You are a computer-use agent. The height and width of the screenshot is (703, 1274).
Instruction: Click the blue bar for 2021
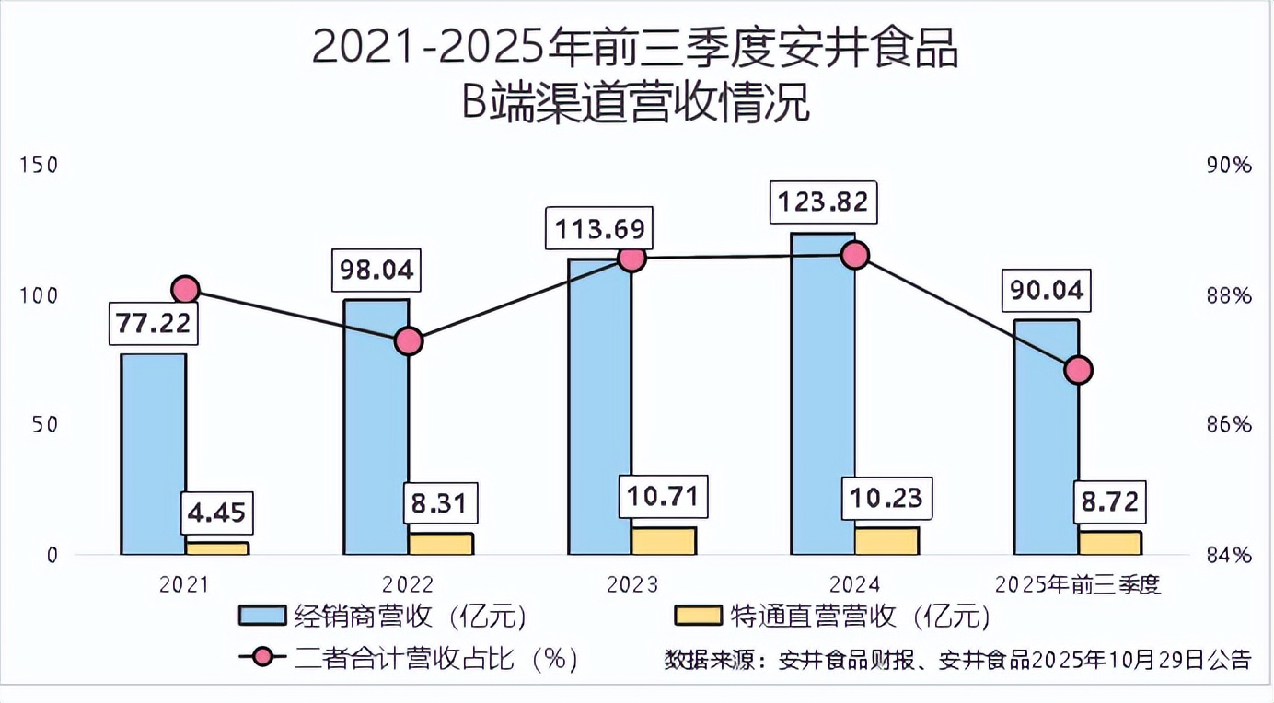(x=154, y=454)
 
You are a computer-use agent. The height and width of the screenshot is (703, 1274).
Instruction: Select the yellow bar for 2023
(x=664, y=541)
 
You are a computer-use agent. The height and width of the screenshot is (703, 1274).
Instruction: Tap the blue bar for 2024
(x=823, y=394)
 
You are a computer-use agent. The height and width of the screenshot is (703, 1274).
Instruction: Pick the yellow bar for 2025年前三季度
(x=1110, y=543)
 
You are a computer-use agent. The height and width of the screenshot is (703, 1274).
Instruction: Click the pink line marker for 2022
(x=409, y=341)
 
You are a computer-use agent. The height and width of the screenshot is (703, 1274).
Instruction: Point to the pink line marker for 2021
(x=186, y=290)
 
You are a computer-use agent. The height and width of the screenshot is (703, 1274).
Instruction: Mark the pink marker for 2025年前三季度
(x=1078, y=370)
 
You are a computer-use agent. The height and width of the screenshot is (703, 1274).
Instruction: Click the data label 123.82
(x=823, y=202)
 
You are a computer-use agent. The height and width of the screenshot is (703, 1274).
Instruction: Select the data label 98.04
(x=377, y=271)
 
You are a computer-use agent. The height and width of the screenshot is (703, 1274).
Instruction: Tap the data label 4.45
(x=216, y=513)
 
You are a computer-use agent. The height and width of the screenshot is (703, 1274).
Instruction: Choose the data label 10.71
(x=664, y=498)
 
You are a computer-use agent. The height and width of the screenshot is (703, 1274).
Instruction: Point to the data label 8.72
(x=1110, y=502)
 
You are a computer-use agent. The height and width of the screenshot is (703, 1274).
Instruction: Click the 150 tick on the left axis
(x=40, y=166)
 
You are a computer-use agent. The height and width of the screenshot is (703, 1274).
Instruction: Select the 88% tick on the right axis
(x=1229, y=296)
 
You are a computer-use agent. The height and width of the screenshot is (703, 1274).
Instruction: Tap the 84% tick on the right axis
(x=1229, y=555)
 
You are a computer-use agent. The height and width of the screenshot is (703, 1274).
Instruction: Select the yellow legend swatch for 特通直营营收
(x=698, y=616)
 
